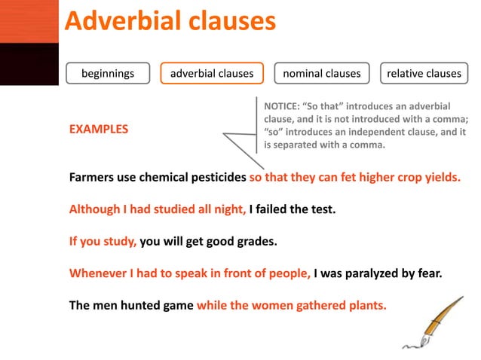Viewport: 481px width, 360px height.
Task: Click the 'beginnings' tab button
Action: pyautogui.click(x=108, y=74)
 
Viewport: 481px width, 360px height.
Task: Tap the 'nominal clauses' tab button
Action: pyautogui.click(x=321, y=74)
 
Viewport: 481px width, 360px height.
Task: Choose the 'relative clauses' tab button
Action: pyautogui.click(x=424, y=74)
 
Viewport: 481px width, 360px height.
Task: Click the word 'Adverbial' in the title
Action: pyautogui.click(x=117, y=21)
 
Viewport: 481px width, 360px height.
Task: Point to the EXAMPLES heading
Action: pyautogui.click(x=99, y=130)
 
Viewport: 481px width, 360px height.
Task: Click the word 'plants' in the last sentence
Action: pyautogui.click(x=365, y=306)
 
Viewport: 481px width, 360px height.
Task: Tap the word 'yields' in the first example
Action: pyautogui.click(x=440, y=178)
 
